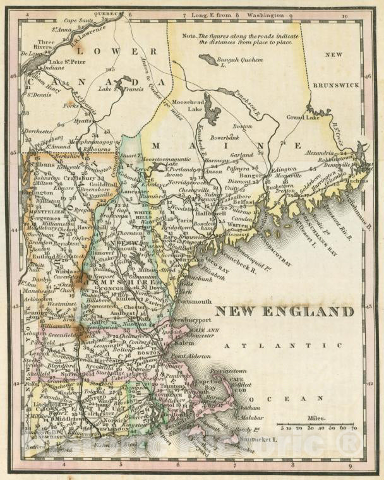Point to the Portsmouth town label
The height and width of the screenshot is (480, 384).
point(196,303)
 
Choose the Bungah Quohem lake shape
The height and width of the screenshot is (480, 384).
point(207,59)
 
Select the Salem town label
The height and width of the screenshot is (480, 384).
point(184,342)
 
